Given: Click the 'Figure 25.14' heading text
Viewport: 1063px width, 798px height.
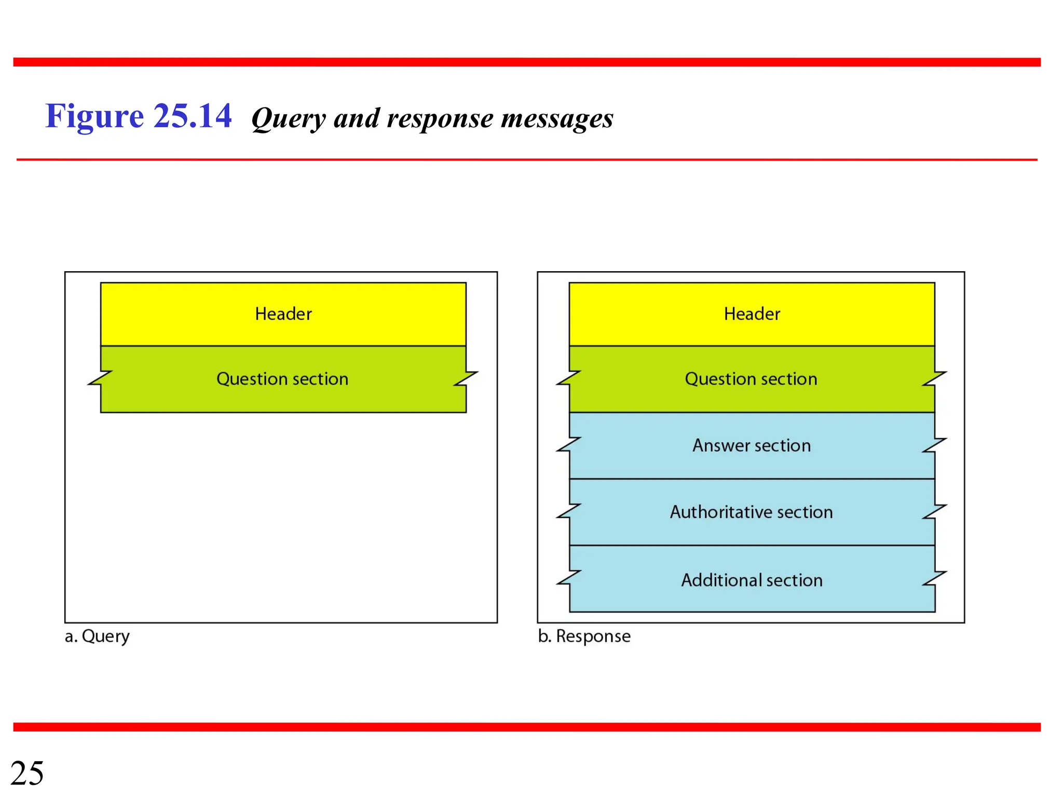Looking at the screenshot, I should [x=138, y=116].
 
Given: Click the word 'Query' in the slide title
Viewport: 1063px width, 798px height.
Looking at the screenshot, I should [x=288, y=119].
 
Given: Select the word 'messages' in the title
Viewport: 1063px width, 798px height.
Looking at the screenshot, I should [x=557, y=119].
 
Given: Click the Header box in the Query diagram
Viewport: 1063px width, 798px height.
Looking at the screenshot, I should [x=283, y=314].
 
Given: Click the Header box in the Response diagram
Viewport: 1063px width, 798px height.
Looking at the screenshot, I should [x=752, y=314].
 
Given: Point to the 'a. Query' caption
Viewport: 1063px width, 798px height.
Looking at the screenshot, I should [x=97, y=636].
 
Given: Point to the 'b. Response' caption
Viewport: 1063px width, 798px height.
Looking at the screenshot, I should [x=584, y=636].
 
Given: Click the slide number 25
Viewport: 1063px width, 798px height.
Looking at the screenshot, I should [x=27, y=773].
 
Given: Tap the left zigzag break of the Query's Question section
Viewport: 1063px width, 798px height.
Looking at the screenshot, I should [x=101, y=378].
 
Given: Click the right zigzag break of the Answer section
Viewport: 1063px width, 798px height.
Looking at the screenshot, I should [x=934, y=445].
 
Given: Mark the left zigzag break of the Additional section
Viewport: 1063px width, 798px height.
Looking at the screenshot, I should [x=569, y=578].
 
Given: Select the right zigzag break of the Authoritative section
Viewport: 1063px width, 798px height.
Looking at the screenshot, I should [x=934, y=512].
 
